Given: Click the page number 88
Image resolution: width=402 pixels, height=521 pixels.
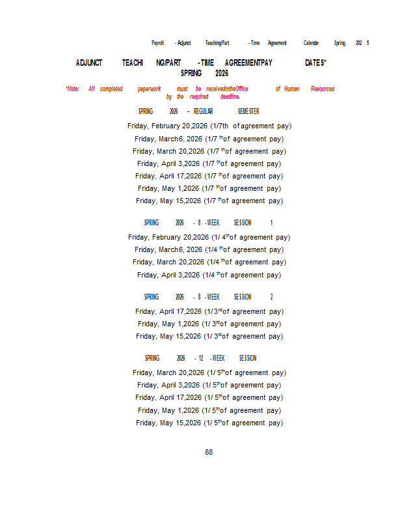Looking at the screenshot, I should click(x=209, y=452).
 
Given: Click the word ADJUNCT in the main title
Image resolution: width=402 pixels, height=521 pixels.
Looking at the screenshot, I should click(x=89, y=63).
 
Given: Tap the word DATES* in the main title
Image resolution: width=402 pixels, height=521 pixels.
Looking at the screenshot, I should click(x=315, y=63).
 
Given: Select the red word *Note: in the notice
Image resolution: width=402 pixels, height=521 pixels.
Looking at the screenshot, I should click(x=72, y=89).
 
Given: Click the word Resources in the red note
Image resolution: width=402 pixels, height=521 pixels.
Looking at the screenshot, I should click(x=323, y=89).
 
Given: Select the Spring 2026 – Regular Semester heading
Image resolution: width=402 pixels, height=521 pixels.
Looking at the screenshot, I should click(x=198, y=111).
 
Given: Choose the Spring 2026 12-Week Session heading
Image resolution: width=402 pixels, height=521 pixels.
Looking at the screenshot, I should click(x=200, y=358).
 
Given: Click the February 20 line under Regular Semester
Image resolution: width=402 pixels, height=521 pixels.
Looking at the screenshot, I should click(x=209, y=126).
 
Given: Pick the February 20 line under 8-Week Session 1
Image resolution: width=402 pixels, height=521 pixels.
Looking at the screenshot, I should click(x=209, y=238).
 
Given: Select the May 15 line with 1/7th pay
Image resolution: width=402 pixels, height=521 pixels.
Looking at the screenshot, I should click(x=209, y=201).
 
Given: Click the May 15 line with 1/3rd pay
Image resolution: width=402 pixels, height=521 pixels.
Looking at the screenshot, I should click(x=209, y=337).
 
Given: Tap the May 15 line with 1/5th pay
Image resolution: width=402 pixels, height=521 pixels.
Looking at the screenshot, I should click(x=209, y=423).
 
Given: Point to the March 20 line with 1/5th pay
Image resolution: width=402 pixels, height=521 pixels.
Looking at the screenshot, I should click(x=209, y=373).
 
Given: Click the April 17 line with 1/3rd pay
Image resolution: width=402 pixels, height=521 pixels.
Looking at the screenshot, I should click(x=209, y=312).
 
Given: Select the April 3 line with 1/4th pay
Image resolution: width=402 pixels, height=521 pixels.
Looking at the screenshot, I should click(x=209, y=275).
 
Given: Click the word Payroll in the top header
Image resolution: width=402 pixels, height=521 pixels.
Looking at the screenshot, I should click(x=157, y=43).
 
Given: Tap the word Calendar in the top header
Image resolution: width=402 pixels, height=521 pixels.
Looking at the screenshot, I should click(x=311, y=43).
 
